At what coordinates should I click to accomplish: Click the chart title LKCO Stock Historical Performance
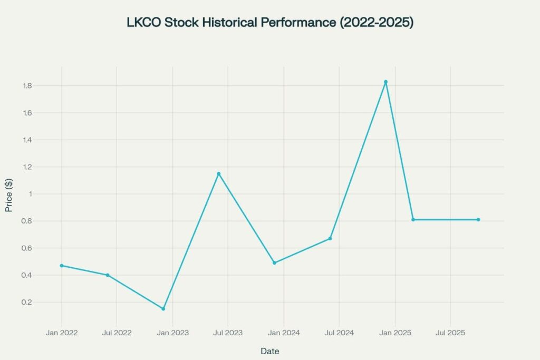pos(269,23)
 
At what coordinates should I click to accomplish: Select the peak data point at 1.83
pos(385,82)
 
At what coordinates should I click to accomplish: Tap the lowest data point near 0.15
pos(163,309)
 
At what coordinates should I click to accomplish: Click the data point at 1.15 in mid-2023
pos(218,173)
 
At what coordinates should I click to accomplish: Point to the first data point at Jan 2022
pos(62,266)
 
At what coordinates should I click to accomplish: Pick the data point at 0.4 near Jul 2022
pos(108,275)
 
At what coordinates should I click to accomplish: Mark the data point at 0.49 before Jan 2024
pos(274,263)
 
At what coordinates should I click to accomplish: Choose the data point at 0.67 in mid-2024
pos(330,239)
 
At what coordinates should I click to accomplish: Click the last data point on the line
pos(478,220)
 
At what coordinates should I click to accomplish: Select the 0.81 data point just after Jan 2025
pos(413,220)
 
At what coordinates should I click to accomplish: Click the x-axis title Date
pos(269,351)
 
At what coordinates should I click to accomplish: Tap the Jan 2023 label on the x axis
pos(172,333)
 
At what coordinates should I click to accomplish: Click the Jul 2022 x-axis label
pos(117,333)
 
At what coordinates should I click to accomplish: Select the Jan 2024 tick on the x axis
pos(284,333)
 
